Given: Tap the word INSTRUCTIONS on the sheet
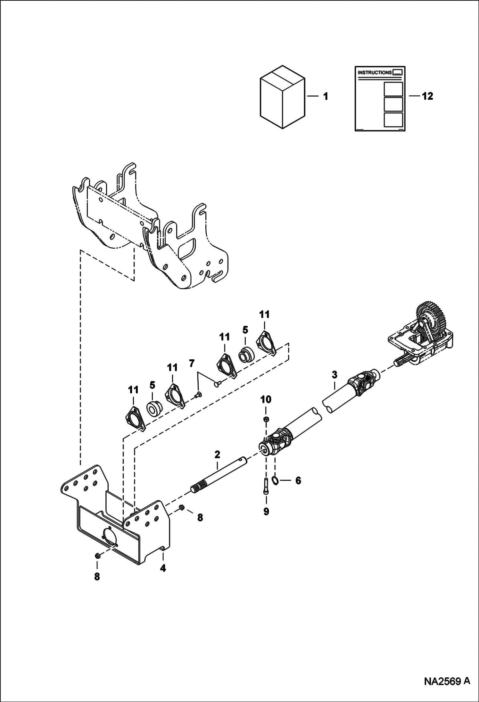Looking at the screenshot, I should pyautogui.click(x=374, y=72).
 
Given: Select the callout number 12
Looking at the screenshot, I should pyautogui.click(x=427, y=96).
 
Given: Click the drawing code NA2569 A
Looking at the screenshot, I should pyautogui.click(x=447, y=688).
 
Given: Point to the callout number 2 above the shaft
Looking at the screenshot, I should pyautogui.click(x=217, y=454).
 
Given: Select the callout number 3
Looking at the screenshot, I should pyautogui.click(x=334, y=375).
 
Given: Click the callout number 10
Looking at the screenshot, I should pyautogui.click(x=266, y=399).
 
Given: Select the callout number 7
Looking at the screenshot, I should pyautogui.click(x=192, y=364).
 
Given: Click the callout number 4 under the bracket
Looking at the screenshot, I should pyautogui.click(x=163, y=569).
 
